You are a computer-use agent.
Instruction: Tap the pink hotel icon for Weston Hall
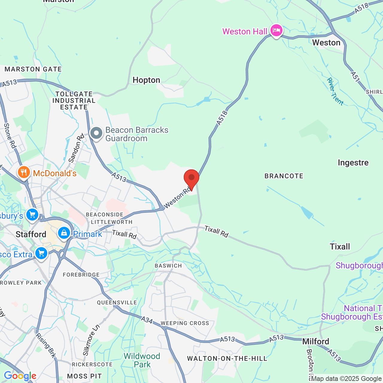coord(276,31)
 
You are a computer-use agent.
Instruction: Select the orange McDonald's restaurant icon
coord(24,173)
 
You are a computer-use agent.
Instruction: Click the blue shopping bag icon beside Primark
coord(64,233)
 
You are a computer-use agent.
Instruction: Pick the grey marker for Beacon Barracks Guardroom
coord(96,134)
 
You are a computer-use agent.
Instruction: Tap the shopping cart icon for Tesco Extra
coord(41,253)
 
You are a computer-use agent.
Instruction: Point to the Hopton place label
coord(146,80)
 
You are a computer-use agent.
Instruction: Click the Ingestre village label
coord(353,163)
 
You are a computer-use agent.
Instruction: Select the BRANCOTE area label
coord(284,176)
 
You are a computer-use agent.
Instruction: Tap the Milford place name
coord(316,341)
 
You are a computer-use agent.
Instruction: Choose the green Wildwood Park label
coord(142,360)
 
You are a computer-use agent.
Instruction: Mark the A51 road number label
coord(355,77)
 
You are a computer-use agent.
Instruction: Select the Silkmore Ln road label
coord(91,341)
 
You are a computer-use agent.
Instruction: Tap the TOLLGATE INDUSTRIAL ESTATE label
coord(74,101)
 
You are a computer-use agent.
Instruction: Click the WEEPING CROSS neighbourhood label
coord(185,323)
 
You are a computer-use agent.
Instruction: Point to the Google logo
coord(20,376)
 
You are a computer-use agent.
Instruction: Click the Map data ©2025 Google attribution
coord(346,379)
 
